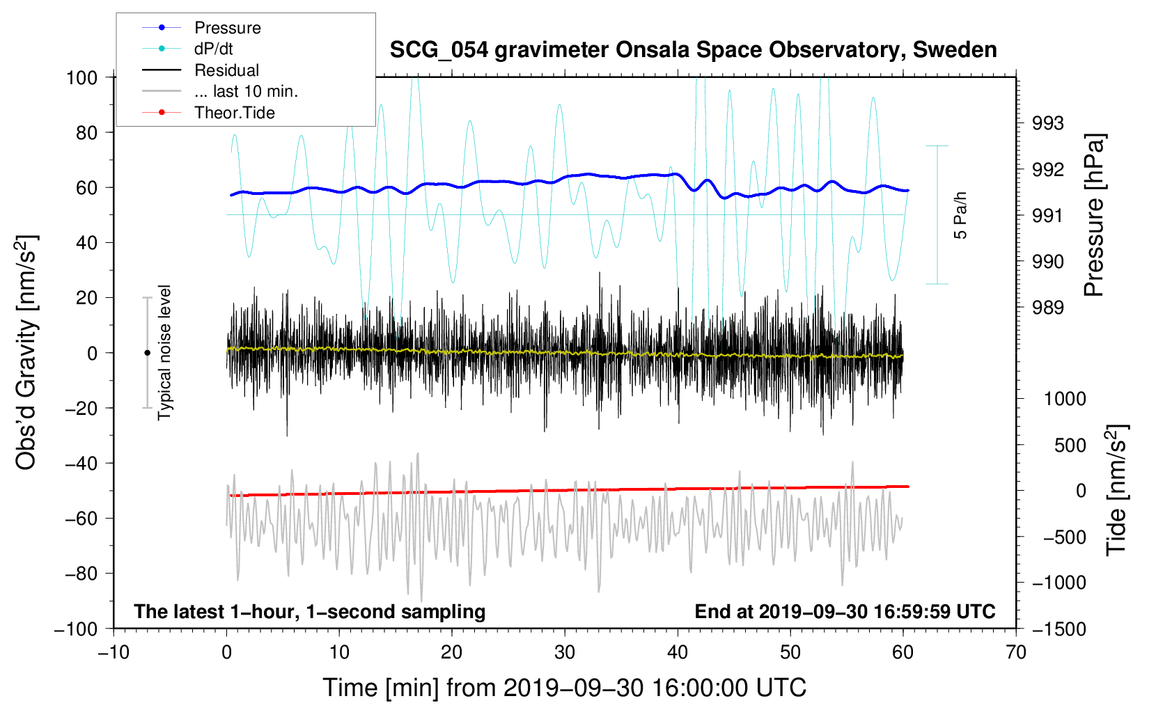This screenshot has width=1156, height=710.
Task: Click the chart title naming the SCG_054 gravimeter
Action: (693, 50)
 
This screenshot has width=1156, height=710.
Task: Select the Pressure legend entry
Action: (227, 28)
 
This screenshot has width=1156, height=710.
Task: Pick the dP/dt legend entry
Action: (213, 49)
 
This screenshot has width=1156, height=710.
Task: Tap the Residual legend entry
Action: (226, 70)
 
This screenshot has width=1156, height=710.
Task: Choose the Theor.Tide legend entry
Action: (234, 113)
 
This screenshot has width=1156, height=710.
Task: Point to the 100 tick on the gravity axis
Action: (81, 77)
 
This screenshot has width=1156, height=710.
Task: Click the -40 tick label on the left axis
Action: (81, 464)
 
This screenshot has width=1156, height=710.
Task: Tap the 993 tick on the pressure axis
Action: (1048, 124)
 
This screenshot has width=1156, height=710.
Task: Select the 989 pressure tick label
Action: (1048, 308)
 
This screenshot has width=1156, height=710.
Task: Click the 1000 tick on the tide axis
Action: (1065, 399)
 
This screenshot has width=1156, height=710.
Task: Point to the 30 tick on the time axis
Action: (565, 653)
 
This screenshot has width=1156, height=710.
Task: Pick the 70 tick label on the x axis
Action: (1016, 653)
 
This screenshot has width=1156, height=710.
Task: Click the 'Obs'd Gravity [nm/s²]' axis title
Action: (26, 352)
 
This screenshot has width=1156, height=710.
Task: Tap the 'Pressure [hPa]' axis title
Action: (1094, 216)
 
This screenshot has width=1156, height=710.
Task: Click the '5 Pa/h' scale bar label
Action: (961, 215)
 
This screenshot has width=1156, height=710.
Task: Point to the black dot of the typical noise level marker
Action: (147, 353)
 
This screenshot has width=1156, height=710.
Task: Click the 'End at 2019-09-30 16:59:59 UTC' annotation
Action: (845, 612)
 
